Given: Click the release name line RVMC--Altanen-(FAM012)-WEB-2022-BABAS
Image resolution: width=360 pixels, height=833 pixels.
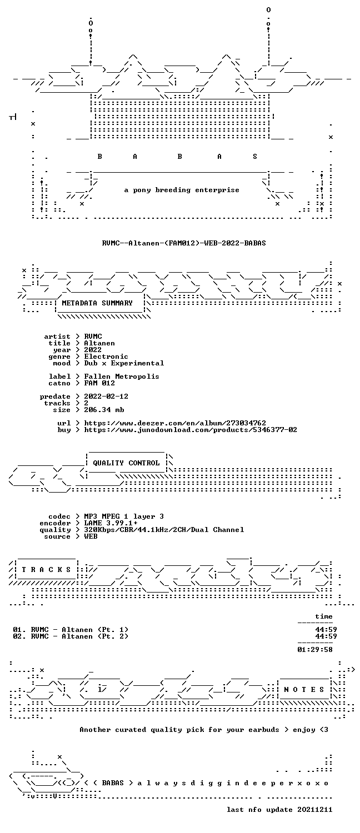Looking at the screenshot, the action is click(184, 243).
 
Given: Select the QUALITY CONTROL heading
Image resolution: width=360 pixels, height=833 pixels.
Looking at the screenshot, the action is click(126, 463).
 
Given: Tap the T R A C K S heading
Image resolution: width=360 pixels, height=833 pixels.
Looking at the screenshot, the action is click(46, 570).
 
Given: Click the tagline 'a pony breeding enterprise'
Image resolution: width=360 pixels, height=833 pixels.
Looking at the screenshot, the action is click(182, 190).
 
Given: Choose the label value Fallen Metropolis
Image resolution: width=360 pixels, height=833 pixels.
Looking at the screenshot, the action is click(122, 377).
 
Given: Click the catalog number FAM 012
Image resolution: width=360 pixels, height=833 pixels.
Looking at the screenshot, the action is click(99, 383).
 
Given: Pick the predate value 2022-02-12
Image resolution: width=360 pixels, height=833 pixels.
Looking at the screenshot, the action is click(106, 397).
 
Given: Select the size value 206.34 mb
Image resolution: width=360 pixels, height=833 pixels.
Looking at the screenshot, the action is click(104, 410).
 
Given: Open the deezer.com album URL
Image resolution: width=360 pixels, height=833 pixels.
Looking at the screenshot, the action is click(175, 423).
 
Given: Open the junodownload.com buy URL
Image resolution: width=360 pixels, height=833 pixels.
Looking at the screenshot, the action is click(191, 430).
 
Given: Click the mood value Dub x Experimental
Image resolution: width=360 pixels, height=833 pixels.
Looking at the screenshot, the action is click(124, 363).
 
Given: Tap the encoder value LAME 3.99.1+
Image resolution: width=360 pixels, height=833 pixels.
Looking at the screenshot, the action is click(111, 523).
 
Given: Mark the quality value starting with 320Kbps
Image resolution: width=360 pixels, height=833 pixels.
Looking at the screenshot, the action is click(164, 530).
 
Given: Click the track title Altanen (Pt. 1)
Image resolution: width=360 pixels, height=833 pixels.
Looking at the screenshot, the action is click(95, 630).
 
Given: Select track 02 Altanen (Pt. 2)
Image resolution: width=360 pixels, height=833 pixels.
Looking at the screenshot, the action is click(71, 636).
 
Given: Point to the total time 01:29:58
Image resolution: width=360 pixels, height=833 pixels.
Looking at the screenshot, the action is click(315, 650).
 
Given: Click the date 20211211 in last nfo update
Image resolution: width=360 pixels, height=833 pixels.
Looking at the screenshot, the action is click(314, 810).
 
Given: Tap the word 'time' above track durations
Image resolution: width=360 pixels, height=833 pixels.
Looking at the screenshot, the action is click(323, 616).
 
